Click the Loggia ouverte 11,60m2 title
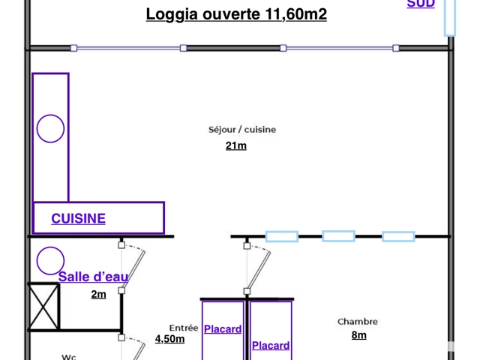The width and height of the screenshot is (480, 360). (x=236, y=14)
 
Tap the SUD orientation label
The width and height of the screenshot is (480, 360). (x=421, y=4)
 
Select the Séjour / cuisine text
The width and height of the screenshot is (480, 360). (x=242, y=130)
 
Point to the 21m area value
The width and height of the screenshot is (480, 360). (x=235, y=145)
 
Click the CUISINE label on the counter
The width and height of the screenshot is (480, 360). (x=78, y=219)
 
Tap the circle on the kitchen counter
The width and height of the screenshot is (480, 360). (x=50, y=128)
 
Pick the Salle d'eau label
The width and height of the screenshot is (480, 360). (x=93, y=277)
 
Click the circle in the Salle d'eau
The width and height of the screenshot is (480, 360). (x=50, y=260)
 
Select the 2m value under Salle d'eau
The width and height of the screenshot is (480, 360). (x=98, y=294)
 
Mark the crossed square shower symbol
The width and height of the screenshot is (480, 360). (x=43, y=306)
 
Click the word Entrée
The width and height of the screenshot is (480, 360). (x=184, y=328)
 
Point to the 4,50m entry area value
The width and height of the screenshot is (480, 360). (x=169, y=339)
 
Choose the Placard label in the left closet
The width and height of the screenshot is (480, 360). (x=223, y=329)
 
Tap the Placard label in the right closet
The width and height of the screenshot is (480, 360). (x=271, y=346)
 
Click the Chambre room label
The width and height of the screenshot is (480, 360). (x=358, y=322)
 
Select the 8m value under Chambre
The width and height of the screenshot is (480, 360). (x=359, y=335)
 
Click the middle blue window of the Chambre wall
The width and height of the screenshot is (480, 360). (x=338, y=236)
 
